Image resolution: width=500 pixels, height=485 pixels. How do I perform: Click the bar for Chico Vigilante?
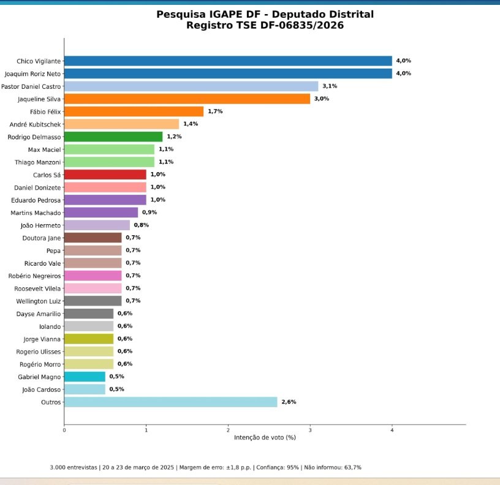[x=228, y=61]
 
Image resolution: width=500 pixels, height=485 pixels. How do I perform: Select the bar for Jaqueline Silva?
[x=187, y=99]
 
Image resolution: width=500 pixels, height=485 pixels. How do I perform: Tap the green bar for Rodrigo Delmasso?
[x=113, y=137]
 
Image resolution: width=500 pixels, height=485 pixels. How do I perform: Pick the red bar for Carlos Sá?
[x=105, y=175]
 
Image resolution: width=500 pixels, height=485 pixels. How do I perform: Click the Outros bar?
[x=170, y=402]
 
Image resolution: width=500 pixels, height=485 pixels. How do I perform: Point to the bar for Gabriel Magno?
[x=85, y=377]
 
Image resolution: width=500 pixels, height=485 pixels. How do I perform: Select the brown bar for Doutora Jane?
[x=93, y=238]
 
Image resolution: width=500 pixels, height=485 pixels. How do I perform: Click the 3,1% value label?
[x=330, y=86]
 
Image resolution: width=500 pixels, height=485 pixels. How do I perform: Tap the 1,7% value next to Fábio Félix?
[x=215, y=111]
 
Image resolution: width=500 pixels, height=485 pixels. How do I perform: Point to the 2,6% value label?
[x=289, y=402]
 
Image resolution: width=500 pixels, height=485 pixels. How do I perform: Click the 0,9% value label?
[x=150, y=212]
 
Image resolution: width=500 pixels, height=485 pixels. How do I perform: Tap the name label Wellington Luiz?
[x=37, y=301]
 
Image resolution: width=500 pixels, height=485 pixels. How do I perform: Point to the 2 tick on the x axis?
[x=228, y=430]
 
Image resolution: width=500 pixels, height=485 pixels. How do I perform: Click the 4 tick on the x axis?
[x=392, y=430]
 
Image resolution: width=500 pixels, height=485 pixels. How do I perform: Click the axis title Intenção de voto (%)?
[x=265, y=438]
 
